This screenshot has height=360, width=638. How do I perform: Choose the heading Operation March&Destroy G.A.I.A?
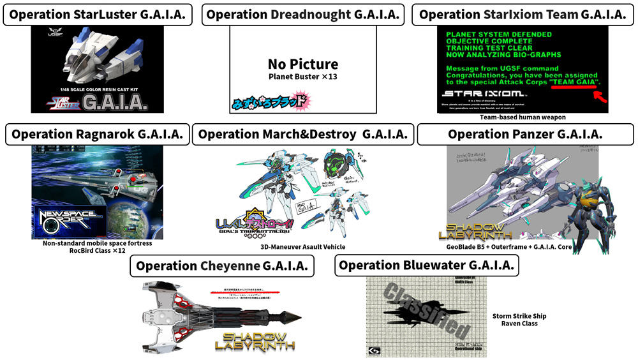[303, 134]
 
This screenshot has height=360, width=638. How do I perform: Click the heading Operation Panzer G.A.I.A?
[525, 134]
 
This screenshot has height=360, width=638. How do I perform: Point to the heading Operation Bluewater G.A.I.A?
[427, 266]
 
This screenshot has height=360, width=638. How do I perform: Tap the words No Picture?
[302, 64]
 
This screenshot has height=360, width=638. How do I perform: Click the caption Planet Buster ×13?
[302, 77]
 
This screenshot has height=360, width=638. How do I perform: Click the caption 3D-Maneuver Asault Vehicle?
[303, 247]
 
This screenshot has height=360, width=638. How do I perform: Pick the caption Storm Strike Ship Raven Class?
[519, 320]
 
